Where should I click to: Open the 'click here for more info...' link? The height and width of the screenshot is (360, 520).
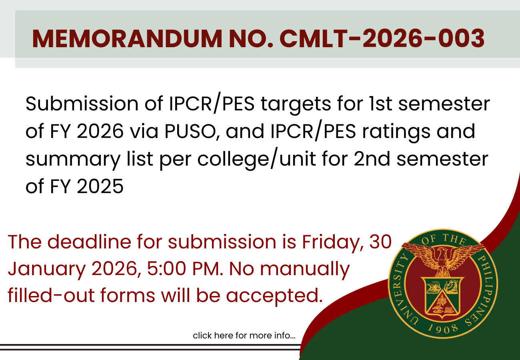tap(244, 336)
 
